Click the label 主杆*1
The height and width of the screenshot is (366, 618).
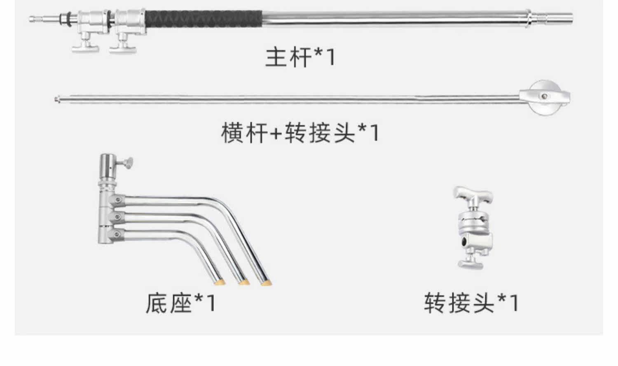point(300,57)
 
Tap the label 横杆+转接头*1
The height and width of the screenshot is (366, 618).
point(300,132)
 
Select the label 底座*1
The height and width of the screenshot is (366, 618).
point(180,303)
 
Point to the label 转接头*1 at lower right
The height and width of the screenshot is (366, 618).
point(471,303)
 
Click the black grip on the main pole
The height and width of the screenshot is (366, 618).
point(204,19)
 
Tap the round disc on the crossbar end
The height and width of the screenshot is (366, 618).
point(545,97)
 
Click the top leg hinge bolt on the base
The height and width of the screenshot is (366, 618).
point(118,200)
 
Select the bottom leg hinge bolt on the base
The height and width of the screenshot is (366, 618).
point(118,234)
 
